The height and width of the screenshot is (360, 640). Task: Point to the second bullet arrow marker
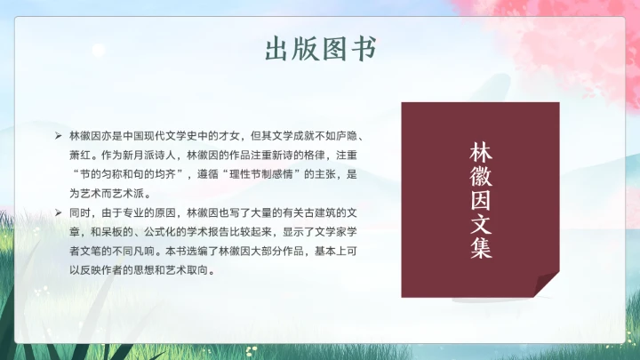(x=59, y=213)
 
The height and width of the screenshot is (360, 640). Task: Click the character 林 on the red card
(x=480, y=151)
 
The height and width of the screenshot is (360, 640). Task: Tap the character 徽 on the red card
(x=480, y=175)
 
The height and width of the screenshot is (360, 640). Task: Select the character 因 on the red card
(x=480, y=199)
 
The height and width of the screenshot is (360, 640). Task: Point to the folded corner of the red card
(x=548, y=284)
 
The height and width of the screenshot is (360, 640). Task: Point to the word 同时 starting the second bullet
(x=78, y=213)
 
